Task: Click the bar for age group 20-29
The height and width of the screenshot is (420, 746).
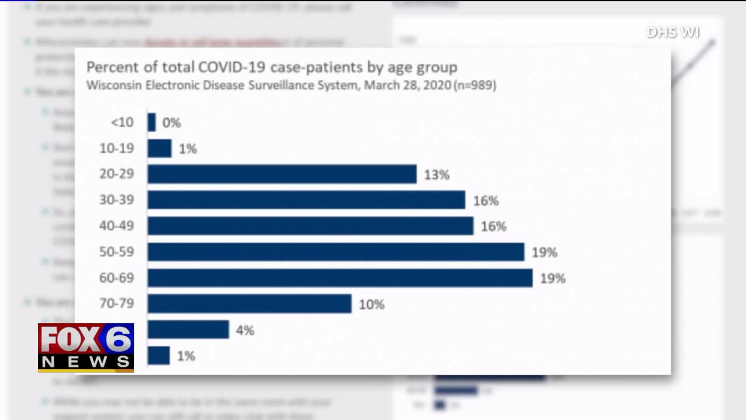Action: pos(282,174)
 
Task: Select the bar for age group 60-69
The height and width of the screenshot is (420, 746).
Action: pos(340,278)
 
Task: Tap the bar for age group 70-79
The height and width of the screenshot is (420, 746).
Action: pos(249,304)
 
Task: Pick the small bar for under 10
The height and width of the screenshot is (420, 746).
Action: pos(152,122)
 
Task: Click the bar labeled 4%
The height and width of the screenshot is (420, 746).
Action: pos(188,330)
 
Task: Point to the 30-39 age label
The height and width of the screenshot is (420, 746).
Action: pos(117,200)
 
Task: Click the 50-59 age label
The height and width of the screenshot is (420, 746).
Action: pos(117,252)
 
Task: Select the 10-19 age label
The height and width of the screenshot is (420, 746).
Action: pos(117,148)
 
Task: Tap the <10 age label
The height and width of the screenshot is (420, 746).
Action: pos(122,122)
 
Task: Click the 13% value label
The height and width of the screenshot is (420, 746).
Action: pos(437,175)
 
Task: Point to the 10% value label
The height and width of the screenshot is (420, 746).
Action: pos(371,304)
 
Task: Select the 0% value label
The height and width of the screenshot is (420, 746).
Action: pos(171,123)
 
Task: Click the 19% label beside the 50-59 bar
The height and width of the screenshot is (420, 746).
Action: pos(544,252)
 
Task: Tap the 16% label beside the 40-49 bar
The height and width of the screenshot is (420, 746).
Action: pos(493,226)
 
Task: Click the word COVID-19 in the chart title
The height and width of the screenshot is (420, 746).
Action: pos(232,67)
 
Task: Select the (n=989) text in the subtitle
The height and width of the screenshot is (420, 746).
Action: pos(475,85)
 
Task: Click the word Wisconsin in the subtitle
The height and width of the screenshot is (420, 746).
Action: pos(114,85)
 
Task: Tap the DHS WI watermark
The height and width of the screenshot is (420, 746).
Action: pos(673,32)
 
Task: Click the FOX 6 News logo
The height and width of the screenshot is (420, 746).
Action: pos(86,348)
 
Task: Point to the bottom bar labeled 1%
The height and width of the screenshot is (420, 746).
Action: pos(159,355)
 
